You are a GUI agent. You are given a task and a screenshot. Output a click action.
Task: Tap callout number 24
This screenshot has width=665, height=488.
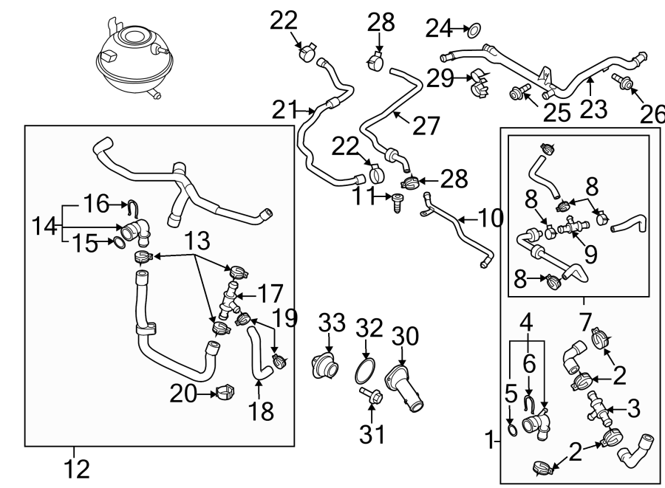(x=438, y=30)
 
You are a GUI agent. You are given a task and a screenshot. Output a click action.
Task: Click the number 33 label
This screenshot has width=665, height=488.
(x=332, y=323)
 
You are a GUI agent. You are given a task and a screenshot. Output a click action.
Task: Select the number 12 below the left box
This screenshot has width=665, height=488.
(x=76, y=468)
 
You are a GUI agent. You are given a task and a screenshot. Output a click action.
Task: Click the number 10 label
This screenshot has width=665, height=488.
(x=488, y=218)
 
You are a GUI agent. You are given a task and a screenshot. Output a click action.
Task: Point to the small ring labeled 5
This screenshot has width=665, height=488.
(x=511, y=428)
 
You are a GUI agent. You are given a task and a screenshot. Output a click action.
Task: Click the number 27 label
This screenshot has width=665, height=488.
(x=426, y=126)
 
